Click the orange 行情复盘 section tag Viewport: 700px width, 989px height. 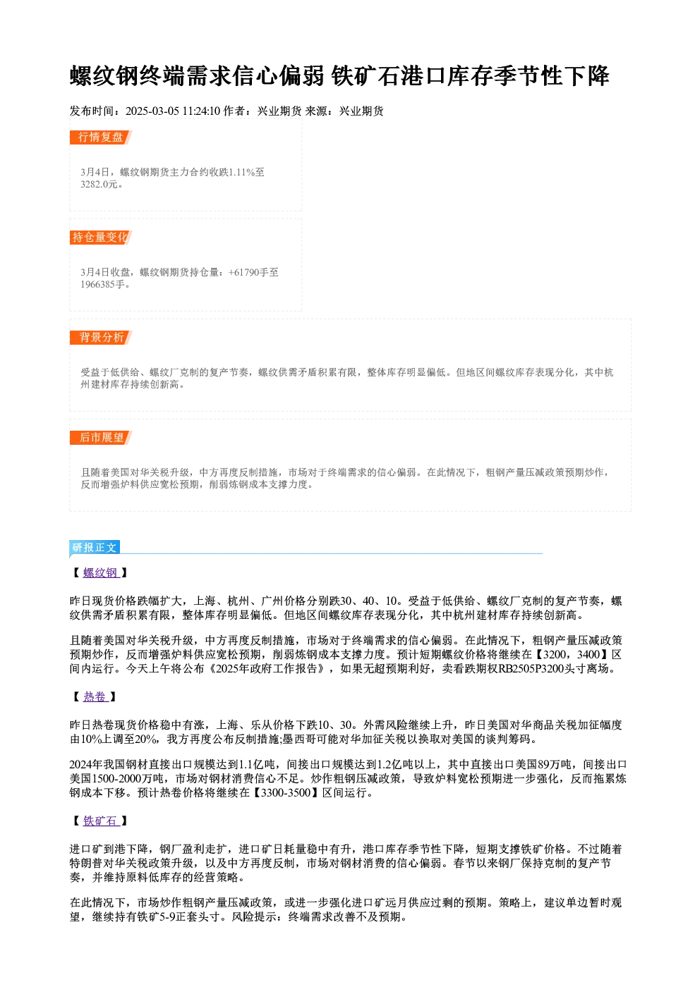click(100, 137)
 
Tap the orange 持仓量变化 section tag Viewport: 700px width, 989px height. click(100, 238)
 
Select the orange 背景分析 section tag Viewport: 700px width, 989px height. click(100, 338)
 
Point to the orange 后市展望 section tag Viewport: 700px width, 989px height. click(100, 438)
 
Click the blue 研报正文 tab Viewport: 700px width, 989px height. click(95, 548)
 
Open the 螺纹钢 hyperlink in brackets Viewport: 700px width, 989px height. click(101, 573)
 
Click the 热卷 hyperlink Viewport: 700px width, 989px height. click(95, 697)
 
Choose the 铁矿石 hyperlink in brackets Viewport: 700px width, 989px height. click(101, 821)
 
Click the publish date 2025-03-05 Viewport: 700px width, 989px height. click(152, 111)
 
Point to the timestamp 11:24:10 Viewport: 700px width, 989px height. click(201, 111)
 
